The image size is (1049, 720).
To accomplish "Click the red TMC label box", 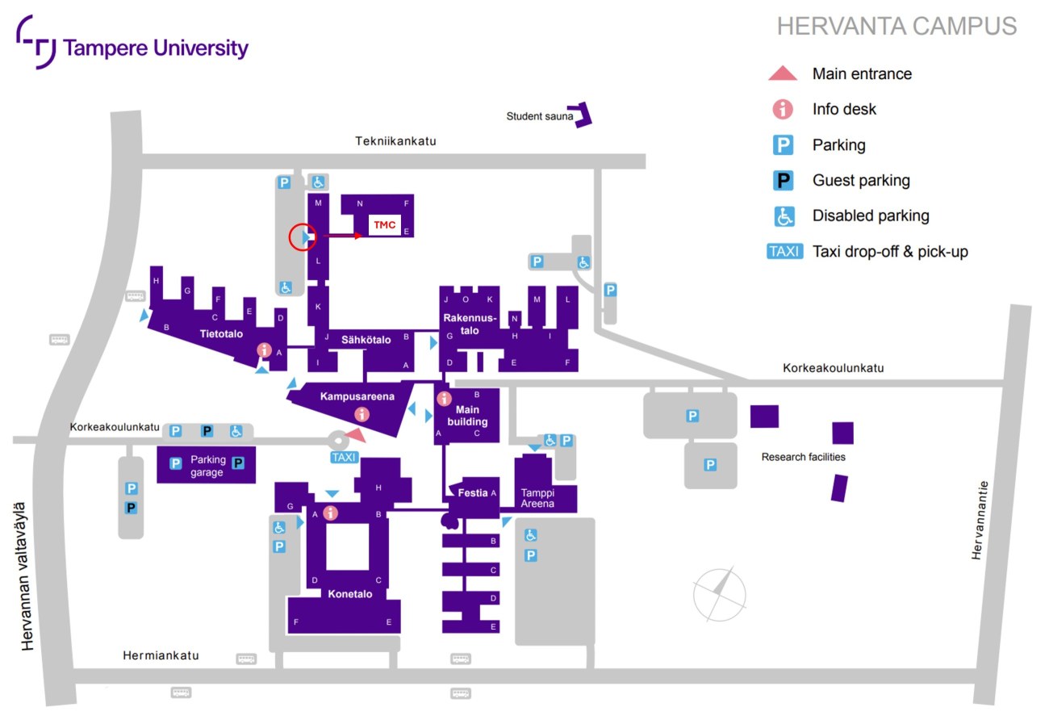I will click(384, 224).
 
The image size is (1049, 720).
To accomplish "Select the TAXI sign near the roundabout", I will click(344, 458).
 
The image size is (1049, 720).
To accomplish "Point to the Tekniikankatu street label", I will click(395, 140).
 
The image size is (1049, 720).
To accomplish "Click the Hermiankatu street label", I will click(161, 655).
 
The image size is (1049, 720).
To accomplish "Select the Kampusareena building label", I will click(357, 396).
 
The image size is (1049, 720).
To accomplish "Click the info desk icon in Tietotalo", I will click(263, 350).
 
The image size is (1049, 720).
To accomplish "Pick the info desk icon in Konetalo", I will click(329, 513).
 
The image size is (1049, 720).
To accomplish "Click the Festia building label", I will click(472, 492).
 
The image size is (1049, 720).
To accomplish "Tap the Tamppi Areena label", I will click(537, 498).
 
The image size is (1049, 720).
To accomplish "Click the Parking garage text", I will click(207, 467).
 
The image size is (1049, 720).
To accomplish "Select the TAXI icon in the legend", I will click(784, 251).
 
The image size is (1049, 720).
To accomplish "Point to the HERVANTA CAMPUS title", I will click(896, 27).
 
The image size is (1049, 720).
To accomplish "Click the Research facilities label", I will click(803, 457).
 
